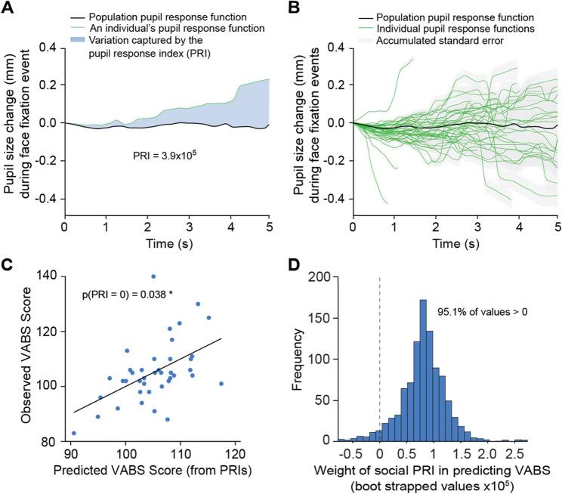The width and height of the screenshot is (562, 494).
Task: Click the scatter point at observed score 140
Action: (153, 276)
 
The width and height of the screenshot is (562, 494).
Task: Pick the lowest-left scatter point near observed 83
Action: (73, 434)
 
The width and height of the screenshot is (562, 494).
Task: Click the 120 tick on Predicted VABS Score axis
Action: (236, 453)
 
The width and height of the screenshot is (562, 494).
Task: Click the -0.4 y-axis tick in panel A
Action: (48, 199)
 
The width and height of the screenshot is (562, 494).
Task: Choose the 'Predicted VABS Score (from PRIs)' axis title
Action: (153, 471)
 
